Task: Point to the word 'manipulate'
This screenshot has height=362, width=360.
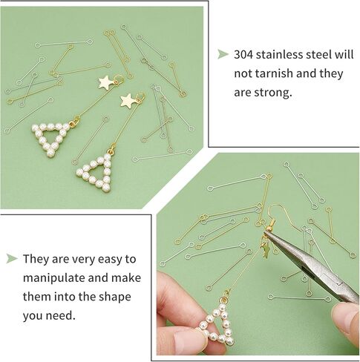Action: [53, 278]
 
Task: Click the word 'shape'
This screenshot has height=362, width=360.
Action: [114, 297]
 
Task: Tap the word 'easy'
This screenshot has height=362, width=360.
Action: [110, 260]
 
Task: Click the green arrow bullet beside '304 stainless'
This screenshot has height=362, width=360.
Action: [223, 54]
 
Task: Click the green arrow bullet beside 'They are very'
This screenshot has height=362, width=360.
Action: [12, 258]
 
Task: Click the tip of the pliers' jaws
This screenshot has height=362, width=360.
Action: [265, 233]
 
